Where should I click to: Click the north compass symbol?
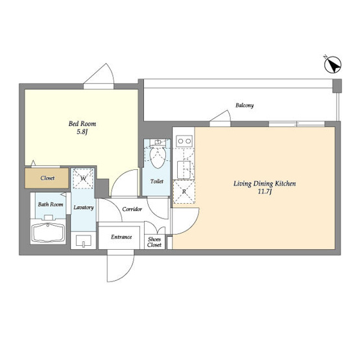333,64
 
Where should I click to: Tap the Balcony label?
245,105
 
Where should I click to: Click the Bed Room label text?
82,124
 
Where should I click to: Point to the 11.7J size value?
265,191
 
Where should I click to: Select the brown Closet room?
47,178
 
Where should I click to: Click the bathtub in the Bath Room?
48,232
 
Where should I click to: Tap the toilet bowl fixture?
158,158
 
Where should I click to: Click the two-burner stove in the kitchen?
184,141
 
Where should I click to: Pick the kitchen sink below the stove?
184,170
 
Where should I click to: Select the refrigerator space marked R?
184,192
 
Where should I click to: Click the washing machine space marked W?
83,178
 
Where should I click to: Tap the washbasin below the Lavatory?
83,241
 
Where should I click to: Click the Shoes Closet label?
154,242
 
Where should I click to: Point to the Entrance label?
121,237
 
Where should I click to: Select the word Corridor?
132,209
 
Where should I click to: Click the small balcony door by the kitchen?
220,118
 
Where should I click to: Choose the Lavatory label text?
84,208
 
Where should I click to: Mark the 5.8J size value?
82,132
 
